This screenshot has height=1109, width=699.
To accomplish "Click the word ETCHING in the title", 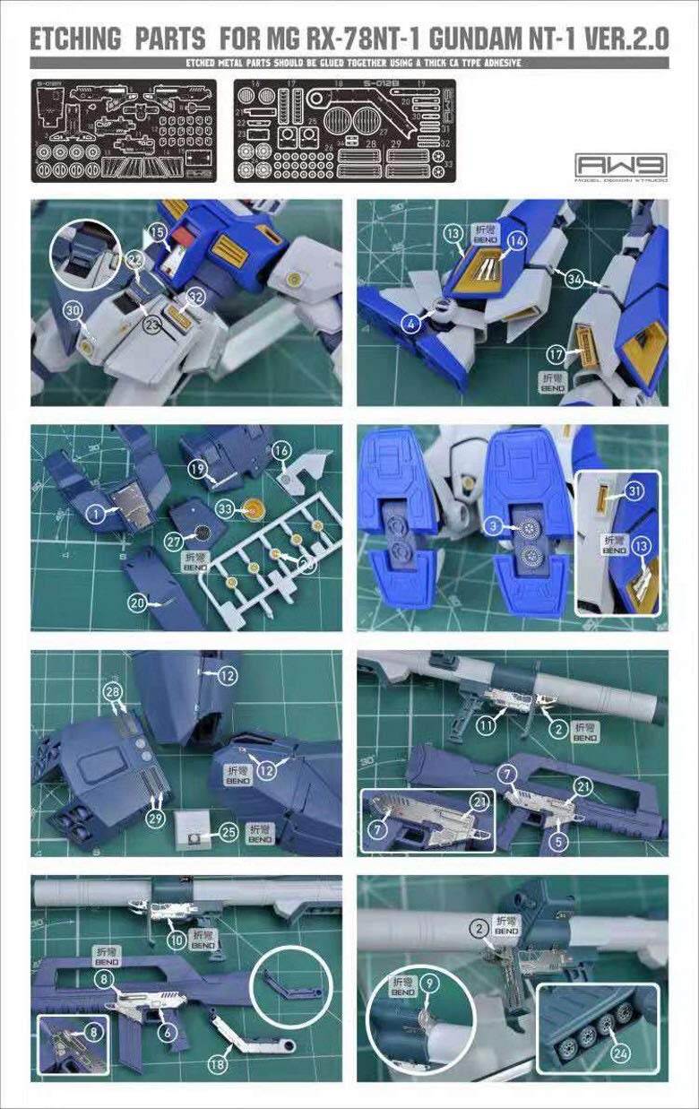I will click(76, 39).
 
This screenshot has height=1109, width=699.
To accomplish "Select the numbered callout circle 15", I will click(157, 232).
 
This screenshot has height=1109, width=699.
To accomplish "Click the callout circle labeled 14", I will click(517, 241).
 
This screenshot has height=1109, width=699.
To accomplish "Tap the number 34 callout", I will click(574, 279).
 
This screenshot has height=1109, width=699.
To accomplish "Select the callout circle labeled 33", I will click(225, 509).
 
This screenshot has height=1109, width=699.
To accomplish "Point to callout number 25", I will click(229, 833).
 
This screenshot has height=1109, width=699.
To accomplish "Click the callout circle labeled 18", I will click(217, 1063).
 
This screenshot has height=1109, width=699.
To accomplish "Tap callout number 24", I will click(620, 1054).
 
